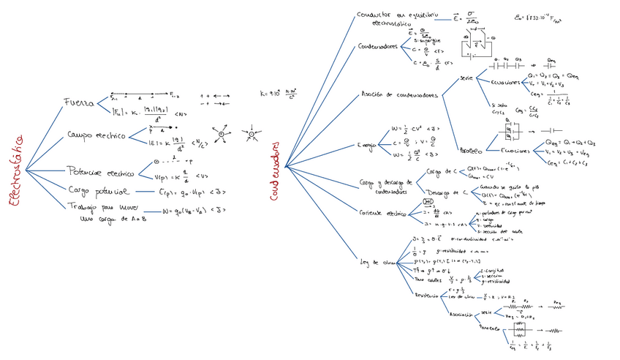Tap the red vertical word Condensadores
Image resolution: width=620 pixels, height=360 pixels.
275,174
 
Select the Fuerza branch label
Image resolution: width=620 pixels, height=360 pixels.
77,103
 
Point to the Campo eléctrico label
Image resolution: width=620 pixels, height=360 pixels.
95,136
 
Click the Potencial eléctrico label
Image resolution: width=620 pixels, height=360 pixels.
100,173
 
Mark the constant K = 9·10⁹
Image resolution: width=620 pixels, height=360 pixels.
277,94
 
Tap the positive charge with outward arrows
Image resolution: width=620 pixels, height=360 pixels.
220,133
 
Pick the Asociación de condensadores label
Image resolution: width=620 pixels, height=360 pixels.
399,94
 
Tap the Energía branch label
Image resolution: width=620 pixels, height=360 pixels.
368,146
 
